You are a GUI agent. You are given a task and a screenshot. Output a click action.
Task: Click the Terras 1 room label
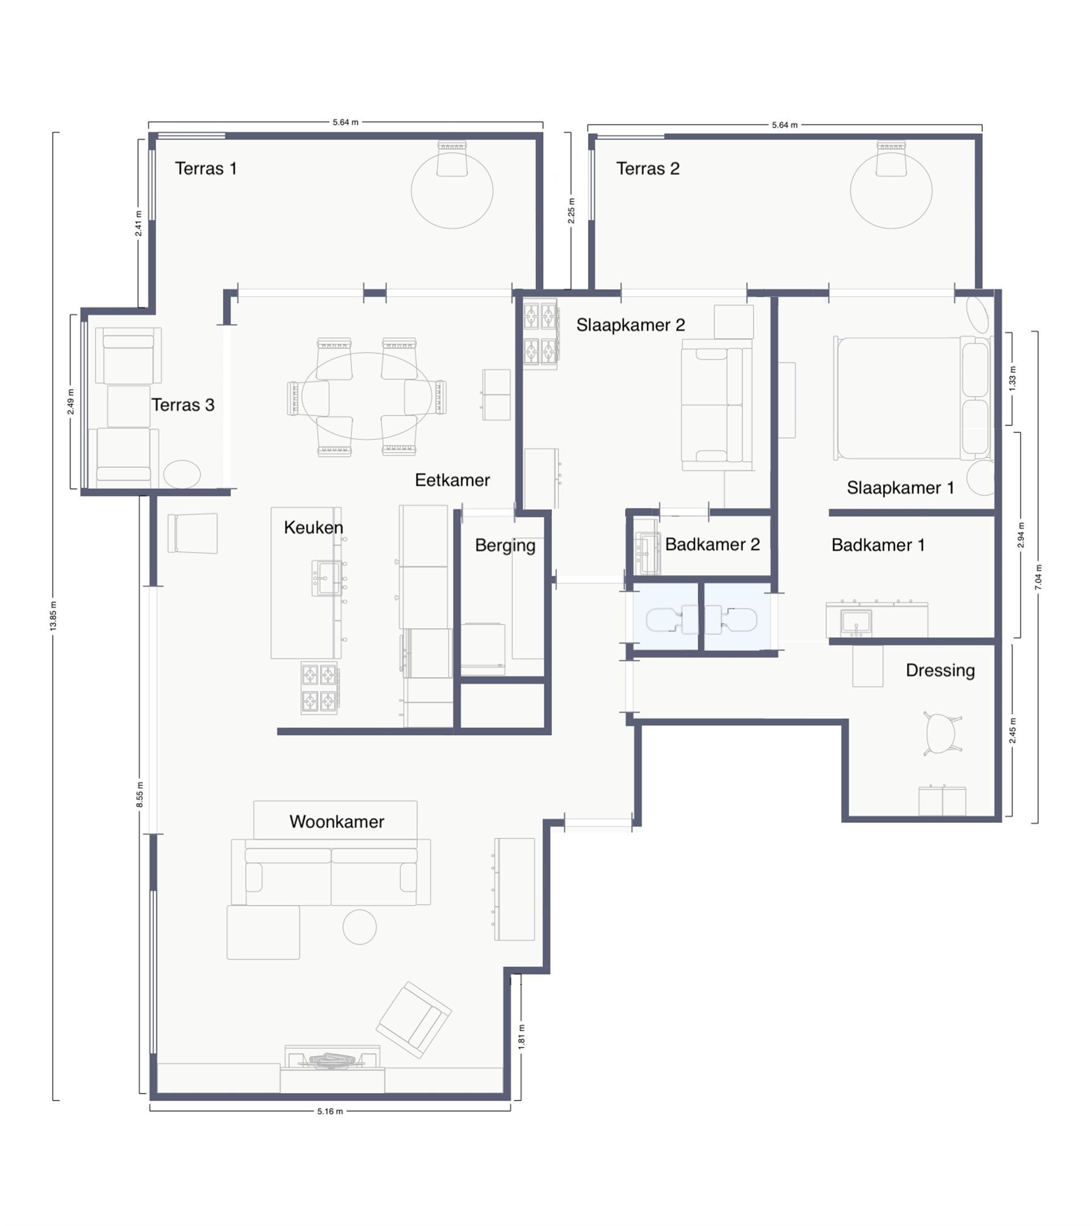206,169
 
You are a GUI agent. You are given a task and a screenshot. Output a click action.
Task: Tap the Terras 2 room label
648,169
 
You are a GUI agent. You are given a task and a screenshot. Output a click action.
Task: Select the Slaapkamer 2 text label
630,325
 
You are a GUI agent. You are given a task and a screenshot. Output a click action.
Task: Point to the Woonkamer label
336,821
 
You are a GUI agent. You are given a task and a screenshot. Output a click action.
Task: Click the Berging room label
505,545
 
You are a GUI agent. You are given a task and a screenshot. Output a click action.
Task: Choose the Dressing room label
940,670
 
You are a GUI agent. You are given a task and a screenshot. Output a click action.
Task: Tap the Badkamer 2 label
712,544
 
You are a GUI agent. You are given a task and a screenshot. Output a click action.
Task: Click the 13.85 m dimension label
53,615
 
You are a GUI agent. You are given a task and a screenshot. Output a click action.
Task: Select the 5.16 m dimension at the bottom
330,1111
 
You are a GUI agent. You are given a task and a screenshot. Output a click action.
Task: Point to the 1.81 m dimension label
521,1036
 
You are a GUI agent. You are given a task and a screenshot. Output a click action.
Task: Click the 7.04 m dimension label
1038,577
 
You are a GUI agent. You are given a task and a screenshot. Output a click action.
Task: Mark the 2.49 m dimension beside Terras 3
71,402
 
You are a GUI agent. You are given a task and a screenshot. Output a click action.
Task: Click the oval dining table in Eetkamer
367,396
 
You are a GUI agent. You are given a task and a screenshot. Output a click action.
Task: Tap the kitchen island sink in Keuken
326,578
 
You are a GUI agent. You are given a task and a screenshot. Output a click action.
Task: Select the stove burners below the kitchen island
319,688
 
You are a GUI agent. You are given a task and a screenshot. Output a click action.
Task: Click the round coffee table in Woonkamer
359,927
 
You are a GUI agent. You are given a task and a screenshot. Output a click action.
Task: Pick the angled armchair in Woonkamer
413,1020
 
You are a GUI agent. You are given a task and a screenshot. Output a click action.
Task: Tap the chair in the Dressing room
942,733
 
